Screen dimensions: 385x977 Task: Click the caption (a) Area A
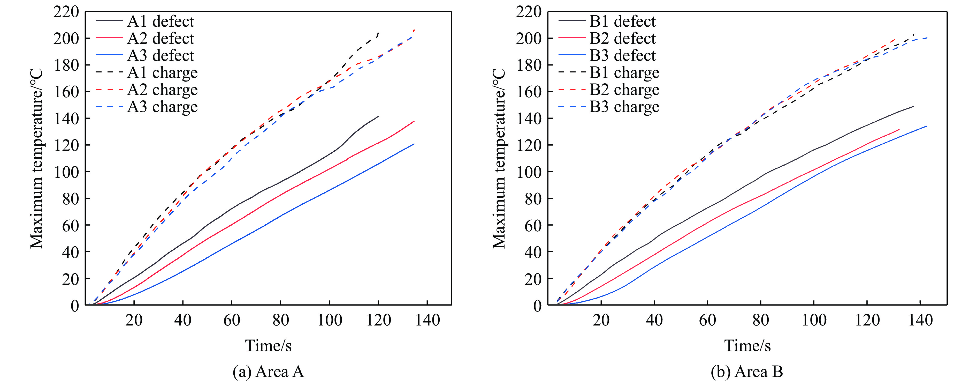(x=268, y=371)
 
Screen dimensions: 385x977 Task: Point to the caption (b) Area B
(x=747, y=371)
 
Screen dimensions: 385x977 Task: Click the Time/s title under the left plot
(x=268, y=345)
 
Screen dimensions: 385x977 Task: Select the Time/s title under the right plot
(x=747, y=345)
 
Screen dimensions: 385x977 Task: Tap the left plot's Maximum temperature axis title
(x=36, y=158)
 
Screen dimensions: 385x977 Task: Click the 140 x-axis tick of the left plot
(x=428, y=320)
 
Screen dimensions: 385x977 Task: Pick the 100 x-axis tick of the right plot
(x=814, y=320)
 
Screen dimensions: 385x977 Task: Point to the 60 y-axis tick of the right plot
(x=533, y=225)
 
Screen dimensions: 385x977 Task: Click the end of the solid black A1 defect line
(x=378, y=116)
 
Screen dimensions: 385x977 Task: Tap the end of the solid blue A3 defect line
(x=414, y=144)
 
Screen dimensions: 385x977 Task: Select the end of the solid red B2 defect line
(x=899, y=129)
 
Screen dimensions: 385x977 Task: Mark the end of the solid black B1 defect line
(x=914, y=106)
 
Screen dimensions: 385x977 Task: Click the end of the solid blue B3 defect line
(x=927, y=126)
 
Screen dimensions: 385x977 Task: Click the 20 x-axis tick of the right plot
(x=601, y=320)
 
